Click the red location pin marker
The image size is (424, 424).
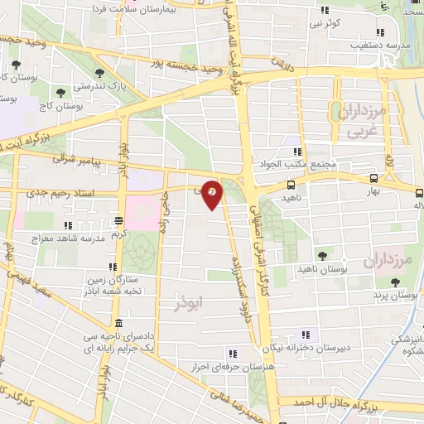click(213, 192)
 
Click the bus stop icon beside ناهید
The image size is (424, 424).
click(290, 185)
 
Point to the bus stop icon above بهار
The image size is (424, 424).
click(373, 177)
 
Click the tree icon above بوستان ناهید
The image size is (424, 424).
click(322, 255)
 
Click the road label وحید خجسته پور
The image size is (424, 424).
click(199, 60)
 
